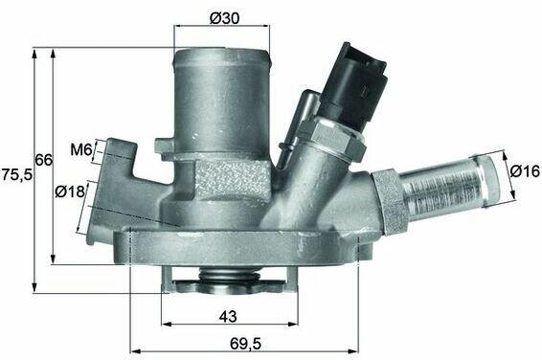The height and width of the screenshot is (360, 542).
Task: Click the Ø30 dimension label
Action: tap(224, 18)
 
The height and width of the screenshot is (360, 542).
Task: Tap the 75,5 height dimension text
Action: tap(16, 174)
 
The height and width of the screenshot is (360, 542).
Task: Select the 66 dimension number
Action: tap(44, 160)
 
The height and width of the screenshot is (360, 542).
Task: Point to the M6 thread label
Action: tap(81, 149)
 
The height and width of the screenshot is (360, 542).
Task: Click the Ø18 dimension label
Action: tap(70, 191)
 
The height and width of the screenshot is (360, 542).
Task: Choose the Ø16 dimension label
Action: tap(525, 171)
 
